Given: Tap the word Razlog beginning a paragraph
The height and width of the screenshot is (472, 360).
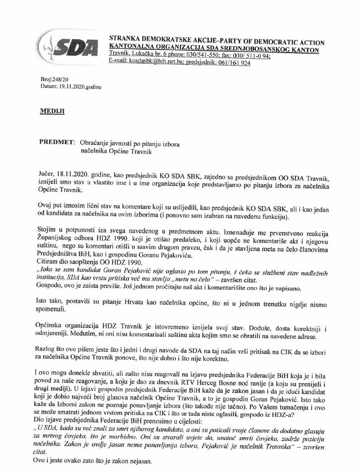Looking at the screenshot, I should (50, 350).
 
